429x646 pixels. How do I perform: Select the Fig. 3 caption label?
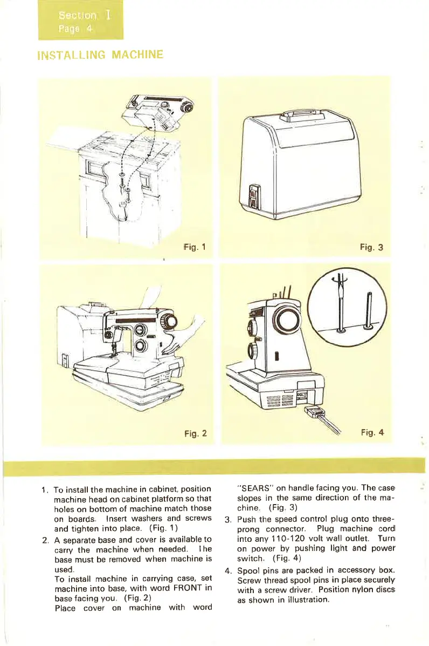pos(372,248)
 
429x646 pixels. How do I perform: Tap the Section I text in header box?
pos(78,15)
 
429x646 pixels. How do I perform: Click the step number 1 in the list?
pos(44,489)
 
